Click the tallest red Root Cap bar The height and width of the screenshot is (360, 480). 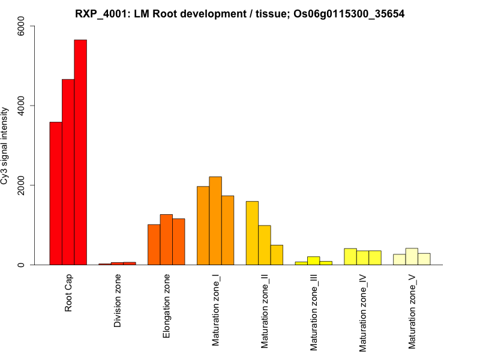(x=80, y=152)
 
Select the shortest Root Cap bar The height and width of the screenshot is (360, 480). (x=56, y=193)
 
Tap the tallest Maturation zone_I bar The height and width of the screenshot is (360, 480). (x=215, y=221)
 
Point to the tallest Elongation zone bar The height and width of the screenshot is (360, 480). (x=166, y=239)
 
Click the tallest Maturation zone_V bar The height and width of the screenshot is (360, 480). (x=412, y=257)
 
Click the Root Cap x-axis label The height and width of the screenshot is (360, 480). (x=68, y=293)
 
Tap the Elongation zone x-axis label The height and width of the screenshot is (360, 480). (x=167, y=306)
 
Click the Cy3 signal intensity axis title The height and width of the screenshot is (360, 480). (x=5, y=145)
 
